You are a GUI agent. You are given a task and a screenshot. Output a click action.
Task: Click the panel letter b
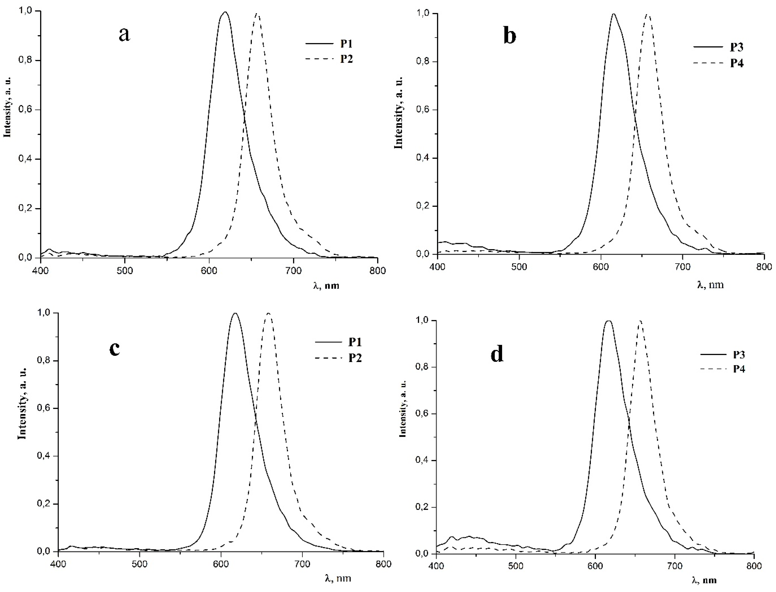(510, 36)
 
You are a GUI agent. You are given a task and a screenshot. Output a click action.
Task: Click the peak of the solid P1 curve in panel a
(225, 12)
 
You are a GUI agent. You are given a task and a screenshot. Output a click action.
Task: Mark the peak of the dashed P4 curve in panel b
(647, 14)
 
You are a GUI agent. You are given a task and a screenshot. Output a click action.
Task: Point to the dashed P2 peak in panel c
(268, 313)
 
